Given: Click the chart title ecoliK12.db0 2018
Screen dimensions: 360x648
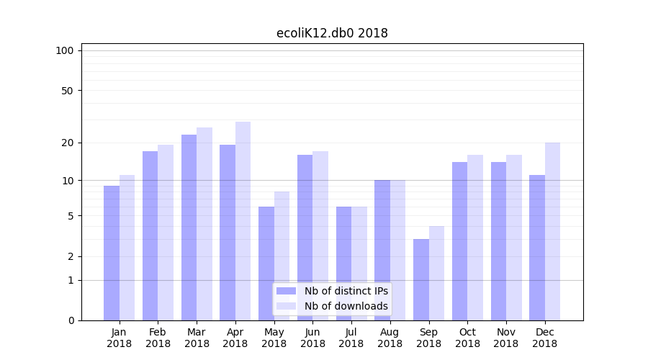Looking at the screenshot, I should tap(332, 33).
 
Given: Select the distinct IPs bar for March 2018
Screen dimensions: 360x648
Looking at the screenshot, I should tap(189, 228).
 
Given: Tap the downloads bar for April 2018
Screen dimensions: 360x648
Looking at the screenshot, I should tap(243, 221).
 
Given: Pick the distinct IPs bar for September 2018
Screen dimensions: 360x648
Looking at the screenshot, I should tap(421, 279).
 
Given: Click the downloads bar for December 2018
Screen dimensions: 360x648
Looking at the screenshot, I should tap(552, 231).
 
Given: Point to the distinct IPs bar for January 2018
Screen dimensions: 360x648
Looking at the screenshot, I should tap(112, 253).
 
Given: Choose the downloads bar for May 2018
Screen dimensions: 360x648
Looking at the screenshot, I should tap(282, 256).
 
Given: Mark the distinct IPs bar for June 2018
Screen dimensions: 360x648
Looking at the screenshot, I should tap(305, 238).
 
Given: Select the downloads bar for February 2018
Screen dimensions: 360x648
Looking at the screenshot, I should tap(166, 233).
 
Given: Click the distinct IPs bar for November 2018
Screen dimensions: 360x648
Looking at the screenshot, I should tap(498, 241).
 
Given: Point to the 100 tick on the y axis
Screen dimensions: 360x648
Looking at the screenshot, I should tap(65, 50).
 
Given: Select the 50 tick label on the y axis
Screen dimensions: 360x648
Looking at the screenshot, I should tap(68, 91).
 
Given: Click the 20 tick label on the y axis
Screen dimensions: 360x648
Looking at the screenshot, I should tap(68, 143).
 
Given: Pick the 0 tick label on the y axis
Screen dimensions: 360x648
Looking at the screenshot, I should tap(71, 320).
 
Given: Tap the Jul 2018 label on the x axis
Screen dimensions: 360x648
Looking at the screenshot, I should tap(351, 338).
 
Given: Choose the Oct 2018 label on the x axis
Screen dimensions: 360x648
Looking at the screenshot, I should tap(467, 338).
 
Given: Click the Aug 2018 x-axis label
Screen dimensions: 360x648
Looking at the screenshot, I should tap(390, 338).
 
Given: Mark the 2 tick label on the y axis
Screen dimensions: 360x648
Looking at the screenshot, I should tap(71, 256).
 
